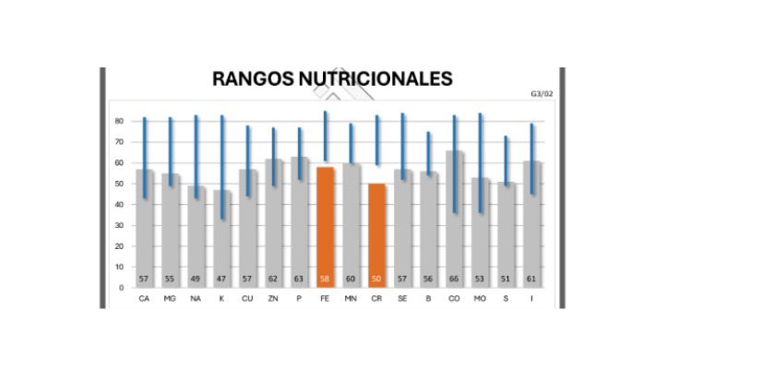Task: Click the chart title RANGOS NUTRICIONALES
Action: pos(332,78)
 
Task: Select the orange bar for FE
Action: pos(325,226)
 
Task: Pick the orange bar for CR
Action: pos(376,235)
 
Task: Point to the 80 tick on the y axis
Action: pos(119,121)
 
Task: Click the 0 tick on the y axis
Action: pos(121,288)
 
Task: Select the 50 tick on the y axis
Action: pos(119,184)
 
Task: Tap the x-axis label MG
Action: pos(170,299)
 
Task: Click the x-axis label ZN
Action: pos(273,299)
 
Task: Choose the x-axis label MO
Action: pos(480,299)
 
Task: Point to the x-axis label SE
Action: pos(402,299)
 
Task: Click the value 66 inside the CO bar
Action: pos(454,279)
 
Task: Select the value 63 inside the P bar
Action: pos(299,279)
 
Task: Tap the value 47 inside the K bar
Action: pos(221,279)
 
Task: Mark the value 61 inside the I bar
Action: pos(531,279)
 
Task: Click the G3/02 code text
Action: pos(542,93)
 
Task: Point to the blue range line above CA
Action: pos(144,157)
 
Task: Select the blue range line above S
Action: pos(506,161)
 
